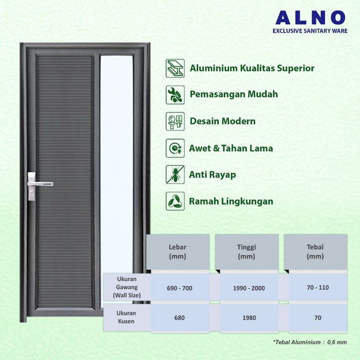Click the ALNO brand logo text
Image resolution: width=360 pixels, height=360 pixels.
(x=310, y=17)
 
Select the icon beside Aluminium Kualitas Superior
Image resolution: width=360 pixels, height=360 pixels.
(x=175, y=68)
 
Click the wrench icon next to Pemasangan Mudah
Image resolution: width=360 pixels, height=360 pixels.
(x=175, y=94)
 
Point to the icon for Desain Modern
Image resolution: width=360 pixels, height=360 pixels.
(x=175, y=121)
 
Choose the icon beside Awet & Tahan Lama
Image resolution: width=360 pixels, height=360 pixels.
(x=175, y=148)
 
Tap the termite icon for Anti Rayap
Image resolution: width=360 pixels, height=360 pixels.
(x=175, y=175)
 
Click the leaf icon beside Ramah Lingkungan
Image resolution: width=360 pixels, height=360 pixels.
(x=175, y=201)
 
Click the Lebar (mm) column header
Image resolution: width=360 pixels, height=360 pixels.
(x=178, y=251)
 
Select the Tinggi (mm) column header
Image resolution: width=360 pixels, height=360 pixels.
(x=246, y=251)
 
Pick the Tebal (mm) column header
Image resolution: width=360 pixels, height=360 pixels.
(x=315, y=251)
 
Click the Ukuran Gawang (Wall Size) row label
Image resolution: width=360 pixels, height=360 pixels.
(x=127, y=287)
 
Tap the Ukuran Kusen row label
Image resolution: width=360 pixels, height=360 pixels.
(x=127, y=317)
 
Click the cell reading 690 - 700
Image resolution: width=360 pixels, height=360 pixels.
(x=178, y=288)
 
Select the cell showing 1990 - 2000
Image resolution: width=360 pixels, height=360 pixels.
(x=246, y=288)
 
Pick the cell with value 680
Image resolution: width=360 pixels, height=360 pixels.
(x=178, y=317)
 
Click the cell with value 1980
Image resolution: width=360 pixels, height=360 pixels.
(x=246, y=317)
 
